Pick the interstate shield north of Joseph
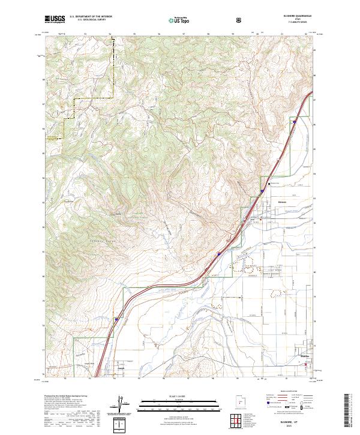tap(115, 320)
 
